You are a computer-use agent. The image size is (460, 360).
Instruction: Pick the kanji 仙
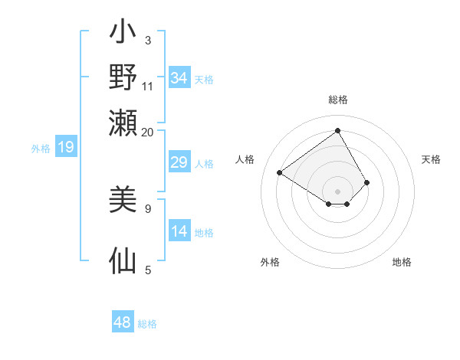tap(123, 260)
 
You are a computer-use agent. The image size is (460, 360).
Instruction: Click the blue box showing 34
tap(179, 78)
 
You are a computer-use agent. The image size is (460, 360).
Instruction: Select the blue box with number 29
tap(179, 162)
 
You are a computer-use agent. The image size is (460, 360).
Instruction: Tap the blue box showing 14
tap(179, 231)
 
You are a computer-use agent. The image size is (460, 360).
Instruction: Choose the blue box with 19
tap(66, 147)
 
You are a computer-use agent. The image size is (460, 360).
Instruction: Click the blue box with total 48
tap(123, 322)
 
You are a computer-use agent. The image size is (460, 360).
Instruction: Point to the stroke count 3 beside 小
tap(147, 41)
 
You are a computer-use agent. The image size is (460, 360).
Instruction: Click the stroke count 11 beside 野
tap(147, 84)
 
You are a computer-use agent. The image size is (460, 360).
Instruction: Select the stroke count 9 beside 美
tap(147, 208)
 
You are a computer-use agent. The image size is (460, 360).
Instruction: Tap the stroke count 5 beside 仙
tap(147, 270)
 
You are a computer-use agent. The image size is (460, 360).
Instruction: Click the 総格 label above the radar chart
tap(338, 100)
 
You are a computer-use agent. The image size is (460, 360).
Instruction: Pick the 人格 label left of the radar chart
tap(245, 159)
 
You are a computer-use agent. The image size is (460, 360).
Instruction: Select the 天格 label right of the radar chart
tap(431, 159)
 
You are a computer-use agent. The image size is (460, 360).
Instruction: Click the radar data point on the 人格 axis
tap(280, 173)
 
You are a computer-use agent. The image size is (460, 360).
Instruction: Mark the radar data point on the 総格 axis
tap(337, 129)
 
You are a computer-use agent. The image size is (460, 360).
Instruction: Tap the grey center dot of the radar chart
tap(337, 191)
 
